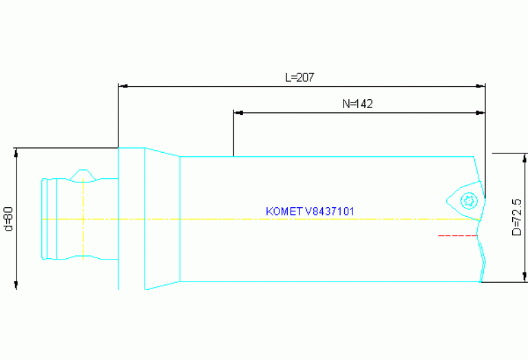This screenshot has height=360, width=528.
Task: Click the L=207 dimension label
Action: tap(299, 78)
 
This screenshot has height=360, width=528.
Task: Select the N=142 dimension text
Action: tap(357, 104)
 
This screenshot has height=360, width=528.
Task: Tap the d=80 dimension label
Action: tap(9, 219)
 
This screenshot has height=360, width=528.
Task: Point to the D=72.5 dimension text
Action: tap(516, 218)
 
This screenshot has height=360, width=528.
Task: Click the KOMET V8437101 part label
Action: tap(310, 211)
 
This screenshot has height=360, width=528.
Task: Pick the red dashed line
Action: tap(458, 235)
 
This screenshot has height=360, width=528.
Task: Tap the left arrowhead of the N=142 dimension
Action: tap(239, 112)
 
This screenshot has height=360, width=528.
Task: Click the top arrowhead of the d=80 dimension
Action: tap(16, 153)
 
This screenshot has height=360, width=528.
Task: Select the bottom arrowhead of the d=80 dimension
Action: tap(16, 284)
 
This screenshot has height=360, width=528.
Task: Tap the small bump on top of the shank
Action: tap(83, 171)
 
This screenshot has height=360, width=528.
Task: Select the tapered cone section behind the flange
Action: tap(162, 219)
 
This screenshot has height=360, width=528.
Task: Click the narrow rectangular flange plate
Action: tap(131, 219)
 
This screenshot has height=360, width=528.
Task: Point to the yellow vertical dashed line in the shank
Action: tap(83, 227)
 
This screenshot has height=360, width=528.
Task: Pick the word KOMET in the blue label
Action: tap(280, 211)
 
